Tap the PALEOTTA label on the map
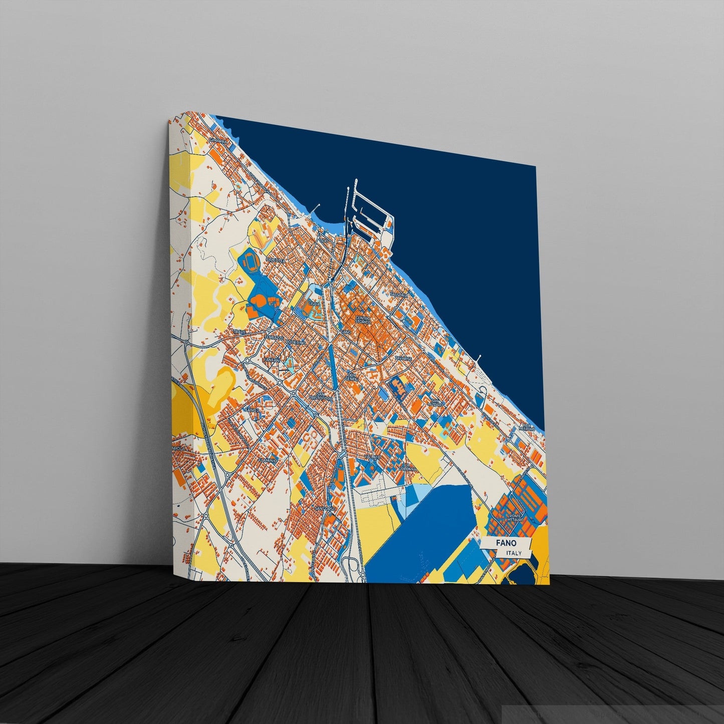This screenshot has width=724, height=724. coord(276,261)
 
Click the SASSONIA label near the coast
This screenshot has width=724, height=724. coord(399,295)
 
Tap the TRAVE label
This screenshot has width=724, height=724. coord(240,332)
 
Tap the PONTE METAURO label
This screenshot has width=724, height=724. coord(516,518)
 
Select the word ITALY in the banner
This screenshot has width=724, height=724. coord(514,553)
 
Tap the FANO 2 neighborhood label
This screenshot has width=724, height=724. coord(252,410)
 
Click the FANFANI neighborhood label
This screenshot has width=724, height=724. coord(272,360)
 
